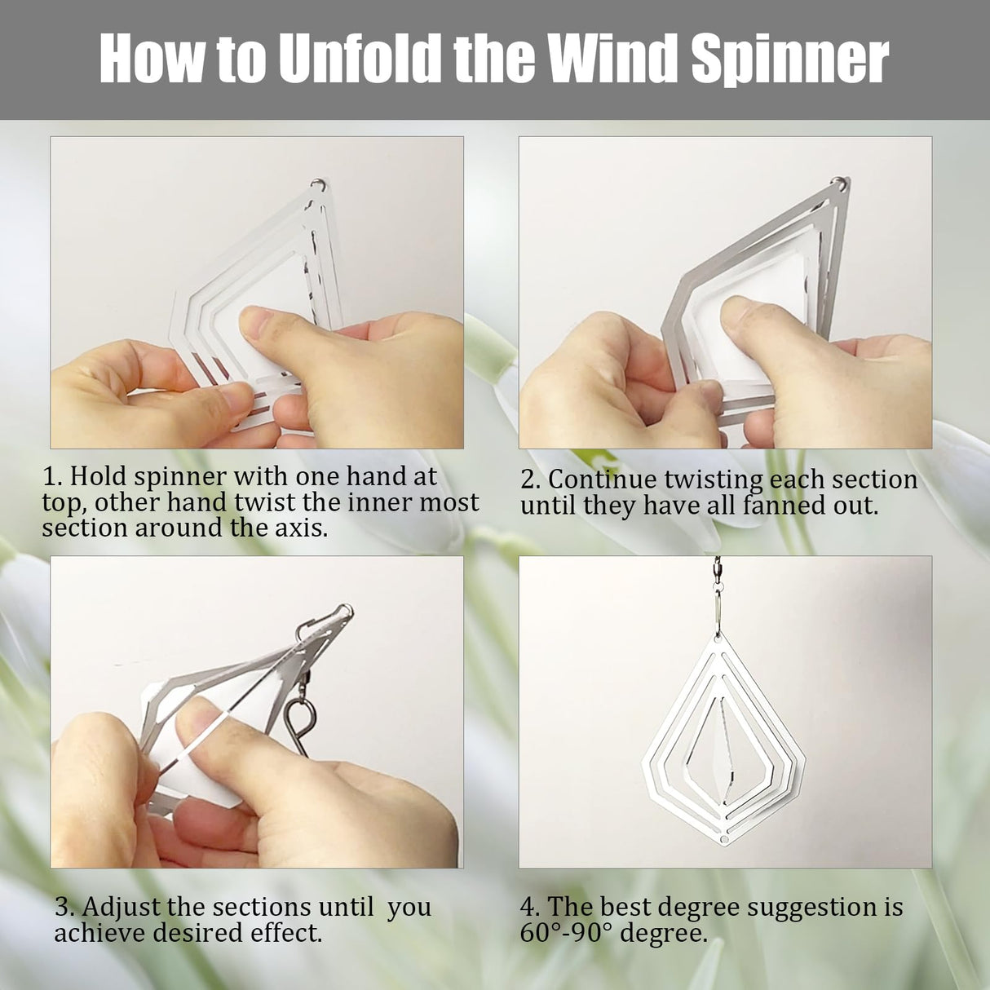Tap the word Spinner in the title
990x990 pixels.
point(790,60)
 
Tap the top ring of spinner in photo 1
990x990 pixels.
point(319,184)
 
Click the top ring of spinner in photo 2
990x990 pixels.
point(841,183)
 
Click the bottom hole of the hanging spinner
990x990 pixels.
point(724,839)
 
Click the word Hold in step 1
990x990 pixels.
point(98,476)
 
